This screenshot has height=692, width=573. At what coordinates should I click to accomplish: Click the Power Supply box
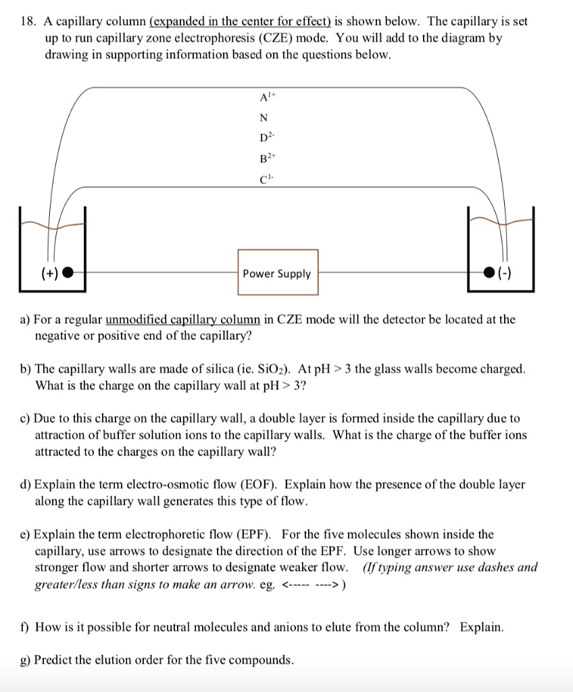click(x=278, y=273)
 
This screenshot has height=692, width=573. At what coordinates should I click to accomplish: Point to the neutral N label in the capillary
click(x=264, y=118)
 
